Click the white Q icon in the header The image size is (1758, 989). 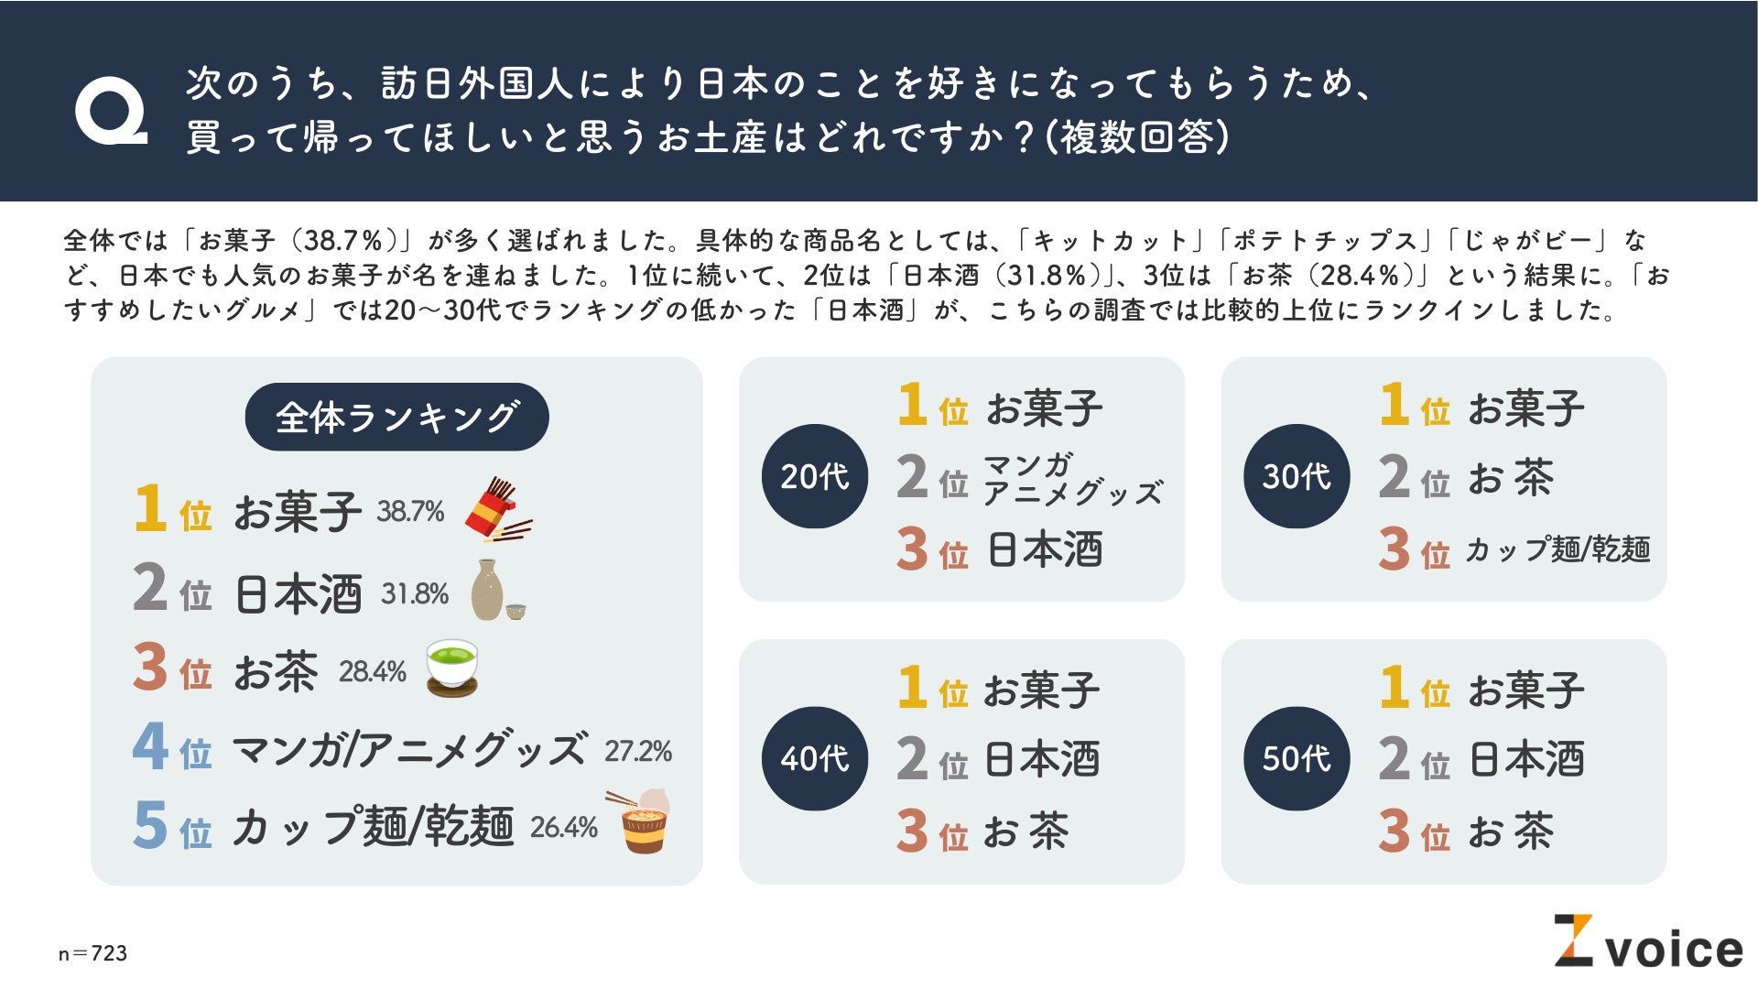tap(111, 111)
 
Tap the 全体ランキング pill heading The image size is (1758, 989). tap(396, 417)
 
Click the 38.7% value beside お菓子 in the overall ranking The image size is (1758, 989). tap(409, 511)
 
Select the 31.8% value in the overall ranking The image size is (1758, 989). tap(414, 593)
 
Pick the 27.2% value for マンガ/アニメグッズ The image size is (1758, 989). tap(637, 751)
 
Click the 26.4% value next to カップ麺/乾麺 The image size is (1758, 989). tap(563, 827)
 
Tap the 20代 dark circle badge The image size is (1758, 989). tap(814, 476)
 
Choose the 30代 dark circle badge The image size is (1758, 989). tap(1296, 476)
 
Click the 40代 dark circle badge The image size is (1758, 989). tap(814, 758)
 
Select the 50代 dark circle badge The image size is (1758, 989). tap(1296, 758)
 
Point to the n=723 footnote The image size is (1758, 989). tap(92, 953)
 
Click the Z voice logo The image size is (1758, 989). tap(1647, 942)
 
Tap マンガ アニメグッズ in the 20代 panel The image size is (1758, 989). tap(1071, 479)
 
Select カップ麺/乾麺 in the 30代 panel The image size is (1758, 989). tap(1557, 549)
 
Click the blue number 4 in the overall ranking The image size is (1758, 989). tap(150, 747)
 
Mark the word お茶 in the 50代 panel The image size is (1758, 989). tap(1510, 831)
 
